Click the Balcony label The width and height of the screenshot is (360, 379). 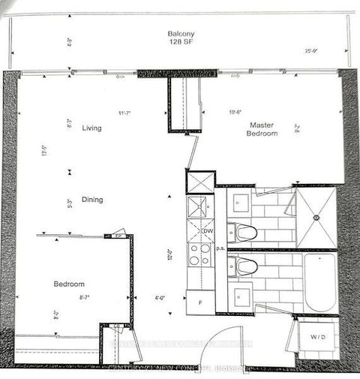(x=182, y=34)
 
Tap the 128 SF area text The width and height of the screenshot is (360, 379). (x=182, y=42)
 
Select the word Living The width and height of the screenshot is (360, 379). (x=92, y=128)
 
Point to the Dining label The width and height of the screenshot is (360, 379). (x=93, y=200)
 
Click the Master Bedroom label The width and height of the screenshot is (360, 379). (x=262, y=128)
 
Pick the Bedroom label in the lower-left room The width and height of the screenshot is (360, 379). (x=68, y=284)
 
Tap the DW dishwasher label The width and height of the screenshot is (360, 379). (x=208, y=231)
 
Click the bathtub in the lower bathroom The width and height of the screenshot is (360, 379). (x=319, y=282)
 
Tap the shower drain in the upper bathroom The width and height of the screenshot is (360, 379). (x=316, y=218)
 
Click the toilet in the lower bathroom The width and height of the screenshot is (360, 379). (x=245, y=266)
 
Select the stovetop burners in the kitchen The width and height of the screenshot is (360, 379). (x=199, y=255)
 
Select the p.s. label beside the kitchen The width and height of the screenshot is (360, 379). (x=221, y=247)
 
